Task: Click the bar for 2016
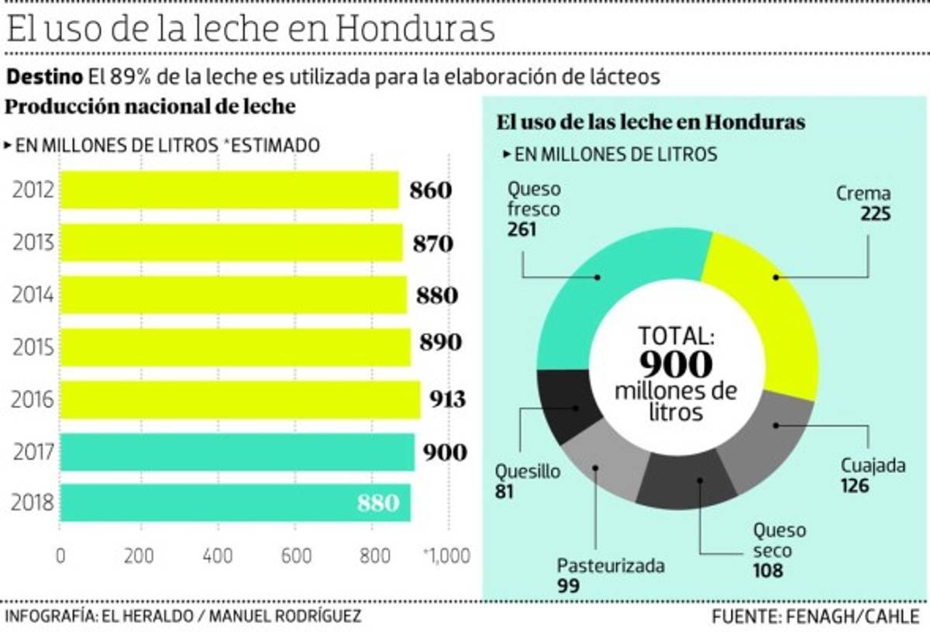pos(240,399)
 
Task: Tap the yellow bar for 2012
pos(229,190)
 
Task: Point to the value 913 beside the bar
pos(448,399)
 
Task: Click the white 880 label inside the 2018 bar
pos(378,503)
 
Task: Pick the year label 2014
pos(32,295)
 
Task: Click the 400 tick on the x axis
pos(218,556)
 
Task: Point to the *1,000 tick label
pos(446,556)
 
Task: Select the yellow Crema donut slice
pos(767,302)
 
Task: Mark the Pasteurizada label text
pos(611,565)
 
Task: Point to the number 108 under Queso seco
pos(766,572)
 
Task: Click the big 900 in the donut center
pos(676,364)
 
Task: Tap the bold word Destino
pos(44,77)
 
